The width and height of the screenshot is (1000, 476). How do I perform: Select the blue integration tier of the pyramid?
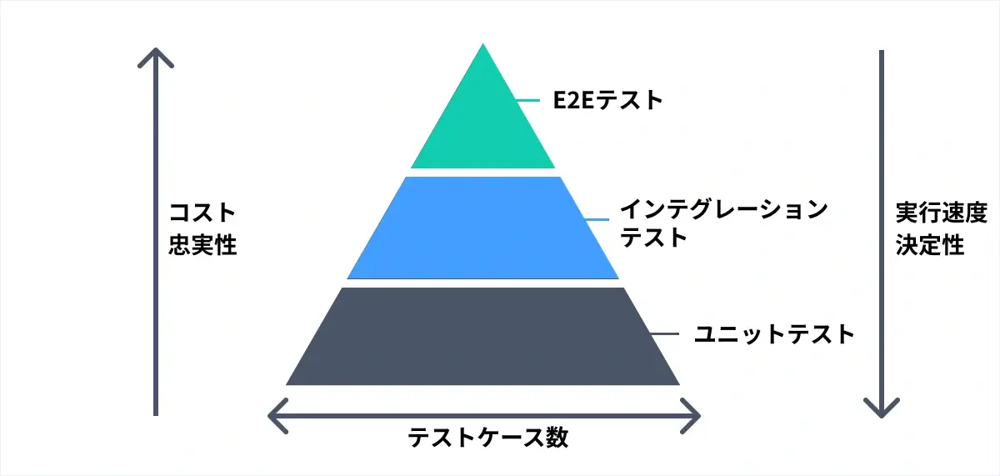pos(483,228)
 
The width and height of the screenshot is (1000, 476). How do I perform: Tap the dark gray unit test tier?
pos(483,336)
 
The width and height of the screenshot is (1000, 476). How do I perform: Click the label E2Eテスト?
pos(607,100)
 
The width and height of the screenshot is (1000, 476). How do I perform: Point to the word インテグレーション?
pos(724,209)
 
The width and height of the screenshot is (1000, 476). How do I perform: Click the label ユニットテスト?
pos(774,334)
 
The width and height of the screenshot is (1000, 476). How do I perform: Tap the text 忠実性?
pos(202,245)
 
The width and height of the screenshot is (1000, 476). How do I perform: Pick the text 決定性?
pos(930,245)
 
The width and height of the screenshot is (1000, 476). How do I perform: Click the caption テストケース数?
pos(488,437)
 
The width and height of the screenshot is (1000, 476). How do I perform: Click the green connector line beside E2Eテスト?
pos(528,100)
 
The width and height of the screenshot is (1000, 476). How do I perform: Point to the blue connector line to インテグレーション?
pos(597,219)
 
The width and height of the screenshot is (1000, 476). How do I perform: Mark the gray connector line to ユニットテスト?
pos(665,334)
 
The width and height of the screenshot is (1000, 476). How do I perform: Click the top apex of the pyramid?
pos(483,43)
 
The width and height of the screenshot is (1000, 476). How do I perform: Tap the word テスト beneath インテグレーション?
pos(653,237)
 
